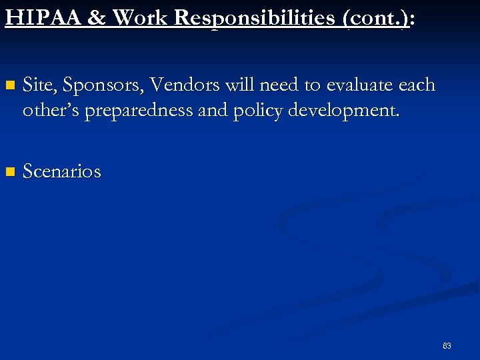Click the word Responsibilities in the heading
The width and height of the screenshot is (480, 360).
click(257, 17)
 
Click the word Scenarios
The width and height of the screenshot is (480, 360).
click(62, 171)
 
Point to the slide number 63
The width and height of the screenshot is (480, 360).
click(447, 346)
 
